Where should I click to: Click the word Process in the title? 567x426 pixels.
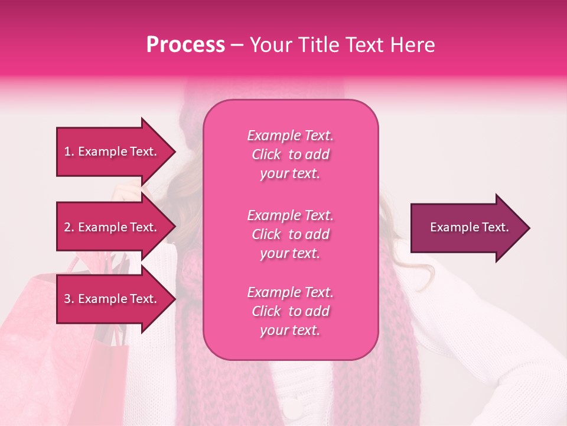(185, 45)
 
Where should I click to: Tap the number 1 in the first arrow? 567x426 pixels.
(67, 151)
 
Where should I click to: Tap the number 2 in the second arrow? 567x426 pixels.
(67, 227)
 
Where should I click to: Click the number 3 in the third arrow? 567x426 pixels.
(67, 299)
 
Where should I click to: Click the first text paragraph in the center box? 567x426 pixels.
(290, 154)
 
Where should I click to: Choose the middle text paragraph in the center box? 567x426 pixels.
(290, 234)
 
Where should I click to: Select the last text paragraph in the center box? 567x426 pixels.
(290, 311)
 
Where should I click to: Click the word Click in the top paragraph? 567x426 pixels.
(266, 154)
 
